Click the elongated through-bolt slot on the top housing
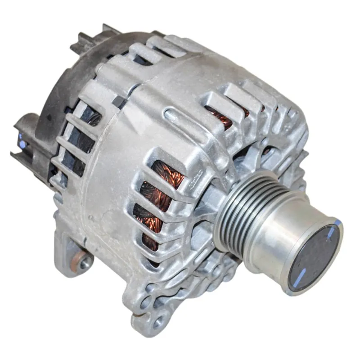(180, 118)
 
